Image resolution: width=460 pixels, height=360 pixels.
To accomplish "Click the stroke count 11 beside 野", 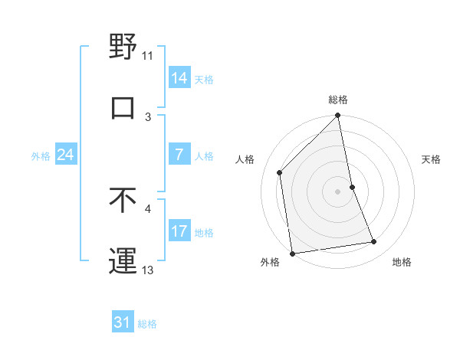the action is click(x=148, y=55).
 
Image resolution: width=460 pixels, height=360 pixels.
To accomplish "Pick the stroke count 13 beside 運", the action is click(x=148, y=270).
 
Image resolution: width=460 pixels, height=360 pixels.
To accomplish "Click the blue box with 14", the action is click(x=179, y=78).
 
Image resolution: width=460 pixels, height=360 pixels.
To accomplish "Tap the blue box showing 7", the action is click(x=179, y=155).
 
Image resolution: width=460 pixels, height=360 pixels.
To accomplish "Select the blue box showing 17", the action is click(x=179, y=231).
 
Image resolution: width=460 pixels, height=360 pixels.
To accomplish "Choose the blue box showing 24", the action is click(x=65, y=155).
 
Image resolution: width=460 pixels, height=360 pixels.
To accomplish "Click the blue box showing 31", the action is click(x=123, y=323).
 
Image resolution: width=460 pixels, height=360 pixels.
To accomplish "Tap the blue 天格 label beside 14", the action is click(x=204, y=79).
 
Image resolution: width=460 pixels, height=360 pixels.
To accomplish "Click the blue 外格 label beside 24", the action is click(x=41, y=155).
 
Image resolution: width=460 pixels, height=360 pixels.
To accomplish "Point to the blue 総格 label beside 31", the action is click(x=147, y=324).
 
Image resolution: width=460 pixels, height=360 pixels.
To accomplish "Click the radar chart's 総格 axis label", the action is click(x=338, y=100).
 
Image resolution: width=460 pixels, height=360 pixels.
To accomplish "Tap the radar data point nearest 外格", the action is click(x=292, y=253).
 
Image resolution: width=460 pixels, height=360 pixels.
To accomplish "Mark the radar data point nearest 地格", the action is click(x=374, y=242).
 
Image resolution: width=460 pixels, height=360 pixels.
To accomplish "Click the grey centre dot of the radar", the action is click(x=338, y=191).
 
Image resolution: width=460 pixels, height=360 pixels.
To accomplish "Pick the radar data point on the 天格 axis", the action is click(x=353, y=186).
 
